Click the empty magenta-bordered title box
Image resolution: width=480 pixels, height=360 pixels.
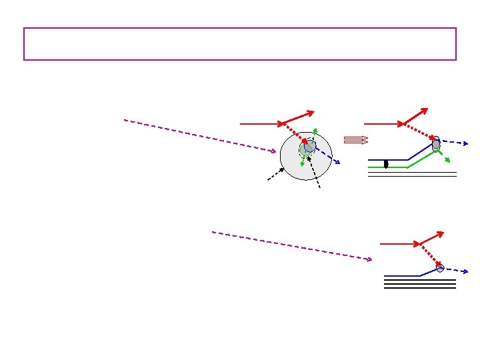(240, 44)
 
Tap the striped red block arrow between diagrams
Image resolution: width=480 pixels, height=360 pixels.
(356, 140)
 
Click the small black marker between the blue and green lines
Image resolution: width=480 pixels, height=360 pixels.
(386, 163)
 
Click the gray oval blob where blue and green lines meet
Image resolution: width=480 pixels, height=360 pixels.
(436, 144)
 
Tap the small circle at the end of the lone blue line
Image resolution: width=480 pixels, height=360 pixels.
(440, 268)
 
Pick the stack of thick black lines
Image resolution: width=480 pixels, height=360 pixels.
(419, 284)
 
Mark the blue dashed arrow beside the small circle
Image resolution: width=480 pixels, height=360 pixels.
(457, 270)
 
